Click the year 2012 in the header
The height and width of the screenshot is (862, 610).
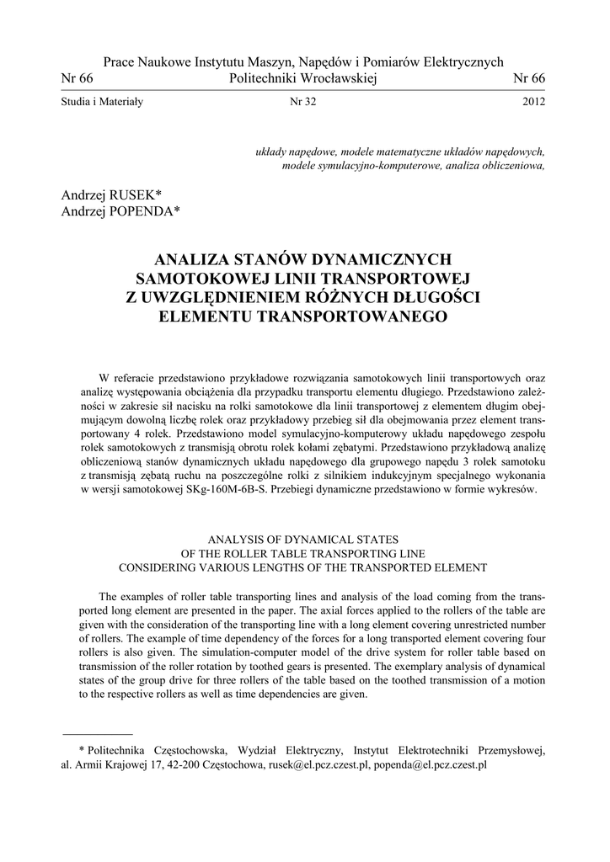coord(534,102)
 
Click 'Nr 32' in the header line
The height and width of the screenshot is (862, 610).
coord(302,102)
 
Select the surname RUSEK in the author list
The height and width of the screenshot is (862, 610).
coord(146,194)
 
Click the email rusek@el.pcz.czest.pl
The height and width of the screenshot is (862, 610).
coord(318,766)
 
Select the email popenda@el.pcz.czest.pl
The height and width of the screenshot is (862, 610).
coord(432,766)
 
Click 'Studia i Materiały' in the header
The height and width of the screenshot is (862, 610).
coord(103,102)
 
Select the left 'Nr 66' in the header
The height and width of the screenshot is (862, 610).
coord(78,78)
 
